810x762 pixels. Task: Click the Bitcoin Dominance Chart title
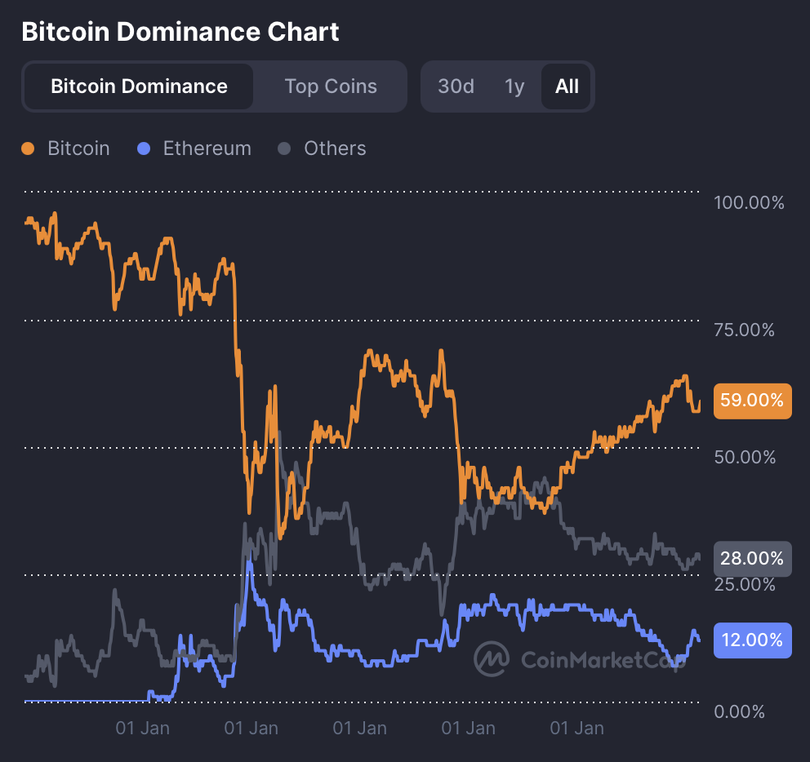tap(180, 32)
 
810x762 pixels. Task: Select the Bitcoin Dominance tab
tap(139, 86)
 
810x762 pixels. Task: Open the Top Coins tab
tap(331, 86)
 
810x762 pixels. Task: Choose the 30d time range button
tap(456, 86)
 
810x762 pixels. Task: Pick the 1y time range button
tap(514, 86)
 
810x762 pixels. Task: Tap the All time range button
tap(567, 86)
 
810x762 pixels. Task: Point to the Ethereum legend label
tap(207, 148)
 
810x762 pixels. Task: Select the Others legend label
tap(335, 148)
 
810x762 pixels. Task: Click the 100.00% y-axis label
tap(749, 202)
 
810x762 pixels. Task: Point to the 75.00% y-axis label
tap(744, 330)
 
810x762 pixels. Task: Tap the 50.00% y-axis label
tap(744, 457)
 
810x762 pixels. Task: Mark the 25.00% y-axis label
tap(744, 584)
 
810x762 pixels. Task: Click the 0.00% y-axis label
tap(739, 711)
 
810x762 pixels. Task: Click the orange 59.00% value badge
tap(752, 401)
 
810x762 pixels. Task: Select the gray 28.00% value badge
tap(752, 559)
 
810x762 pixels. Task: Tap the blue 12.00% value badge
tap(752, 640)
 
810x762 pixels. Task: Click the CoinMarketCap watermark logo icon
tap(493, 659)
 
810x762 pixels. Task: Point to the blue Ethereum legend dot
tap(145, 148)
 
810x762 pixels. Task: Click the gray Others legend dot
tap(284, 148)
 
